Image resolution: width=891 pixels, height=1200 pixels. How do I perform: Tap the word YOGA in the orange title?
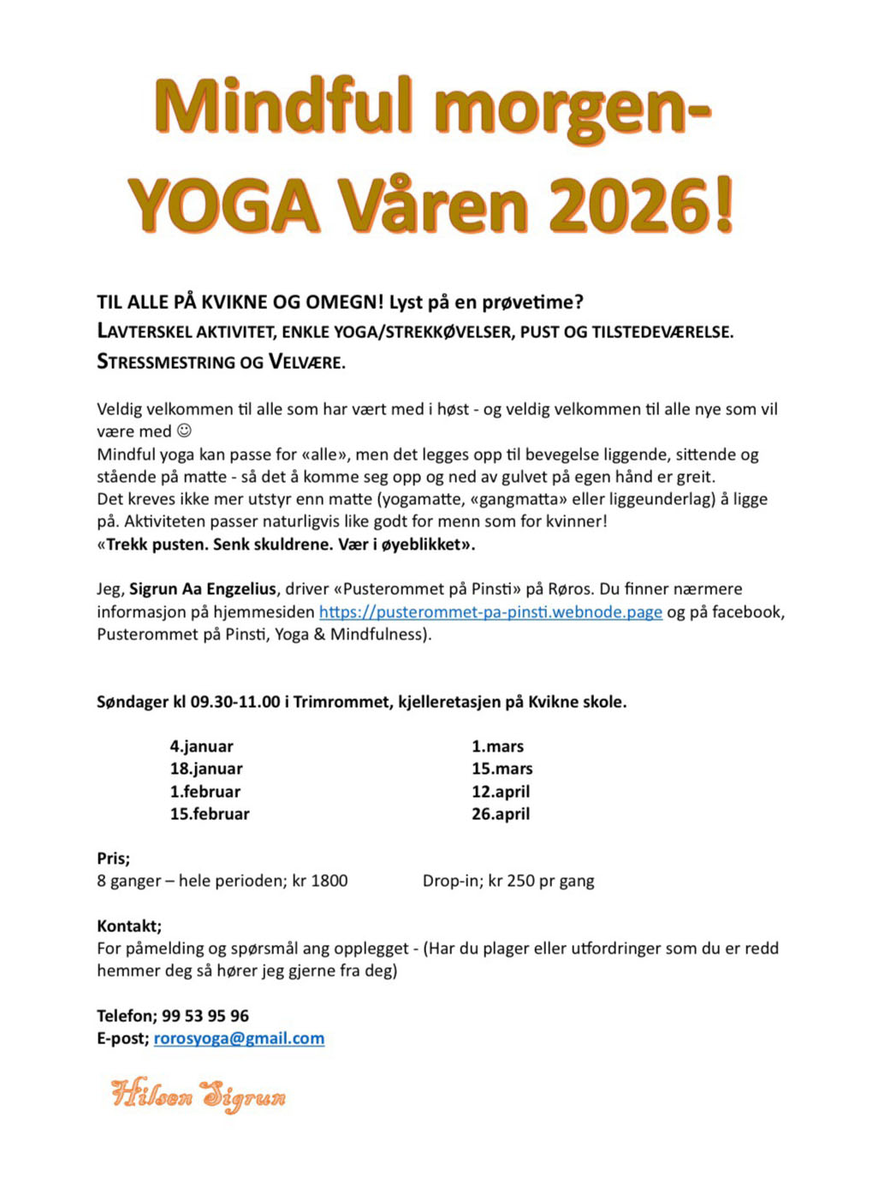[x=223, y=205]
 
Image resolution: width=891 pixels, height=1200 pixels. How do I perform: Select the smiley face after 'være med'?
[x=184, y=431]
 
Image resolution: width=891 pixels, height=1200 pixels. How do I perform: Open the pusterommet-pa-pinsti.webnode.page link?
[x=490, y=612]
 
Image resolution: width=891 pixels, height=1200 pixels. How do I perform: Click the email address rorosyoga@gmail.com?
[x=239, y=1038]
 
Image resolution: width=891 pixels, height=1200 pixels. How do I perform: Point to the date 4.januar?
[x=201, y=746]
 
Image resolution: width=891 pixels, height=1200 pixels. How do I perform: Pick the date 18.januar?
[x=205, y=769]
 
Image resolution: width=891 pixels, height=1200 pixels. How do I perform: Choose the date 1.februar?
[x=205, y=792]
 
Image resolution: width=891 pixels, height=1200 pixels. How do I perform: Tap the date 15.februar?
[x=209, y=814]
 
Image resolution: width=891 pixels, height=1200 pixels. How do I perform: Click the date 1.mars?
[x=497, y=746]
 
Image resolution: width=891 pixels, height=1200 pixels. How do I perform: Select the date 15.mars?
[x=502, y=769]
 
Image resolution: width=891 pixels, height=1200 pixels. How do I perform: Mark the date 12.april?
[x=501, y=792]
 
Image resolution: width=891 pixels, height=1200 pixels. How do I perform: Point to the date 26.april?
[x=501, y=814]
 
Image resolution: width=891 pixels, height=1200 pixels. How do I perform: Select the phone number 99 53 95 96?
[x=205, y=1016]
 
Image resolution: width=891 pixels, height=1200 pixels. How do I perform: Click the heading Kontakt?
[x=129, y=926]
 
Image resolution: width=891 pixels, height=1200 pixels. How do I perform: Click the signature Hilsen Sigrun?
[x=198, y=1095]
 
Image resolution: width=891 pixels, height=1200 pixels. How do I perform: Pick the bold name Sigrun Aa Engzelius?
[x=203, y=589]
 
